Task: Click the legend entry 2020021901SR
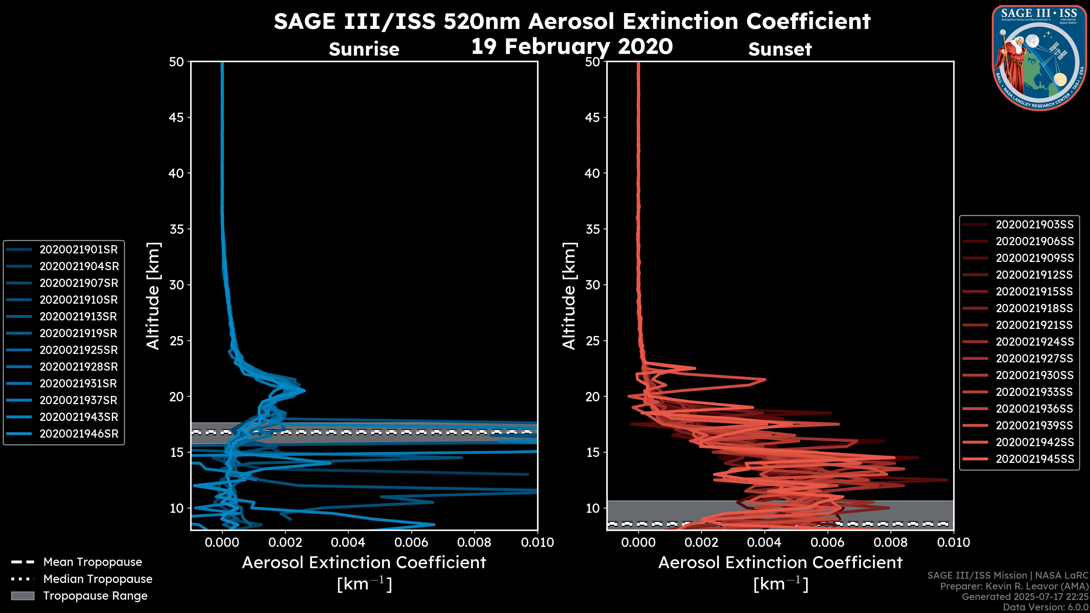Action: coord(78,250)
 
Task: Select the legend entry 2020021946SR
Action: coord(79,434)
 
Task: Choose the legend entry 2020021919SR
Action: coord(78,333)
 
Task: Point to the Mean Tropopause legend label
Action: coord(92,562)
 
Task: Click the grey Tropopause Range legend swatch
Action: coord(23,596)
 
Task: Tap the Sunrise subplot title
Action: coord(364,49)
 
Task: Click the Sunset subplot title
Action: coord(780,49)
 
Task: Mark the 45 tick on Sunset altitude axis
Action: coord(593,117)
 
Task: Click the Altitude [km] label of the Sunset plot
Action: coord(569,296)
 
